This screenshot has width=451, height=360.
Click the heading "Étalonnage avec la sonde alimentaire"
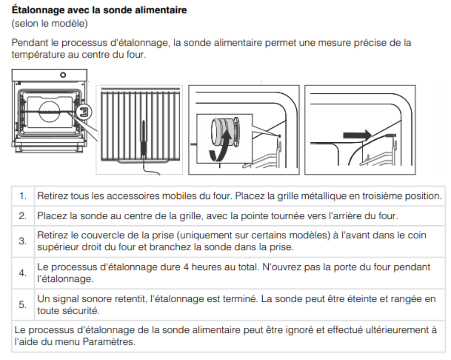(x=99, y=9)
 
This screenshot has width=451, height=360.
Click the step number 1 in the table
(x=23, y=196)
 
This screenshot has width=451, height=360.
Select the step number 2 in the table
(x=23, y=216)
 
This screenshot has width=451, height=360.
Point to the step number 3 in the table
(x=23, y=241)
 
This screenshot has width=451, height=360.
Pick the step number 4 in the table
(x=23, y=273)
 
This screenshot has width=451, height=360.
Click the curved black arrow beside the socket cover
(x=220, y=146)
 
